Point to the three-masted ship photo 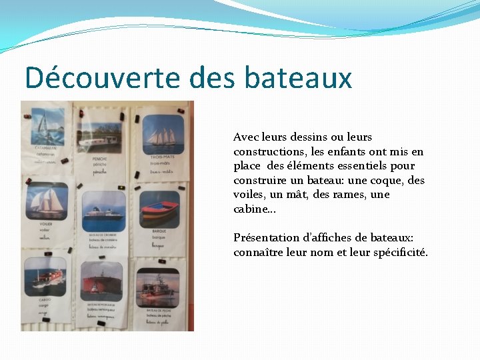[163, 134]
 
